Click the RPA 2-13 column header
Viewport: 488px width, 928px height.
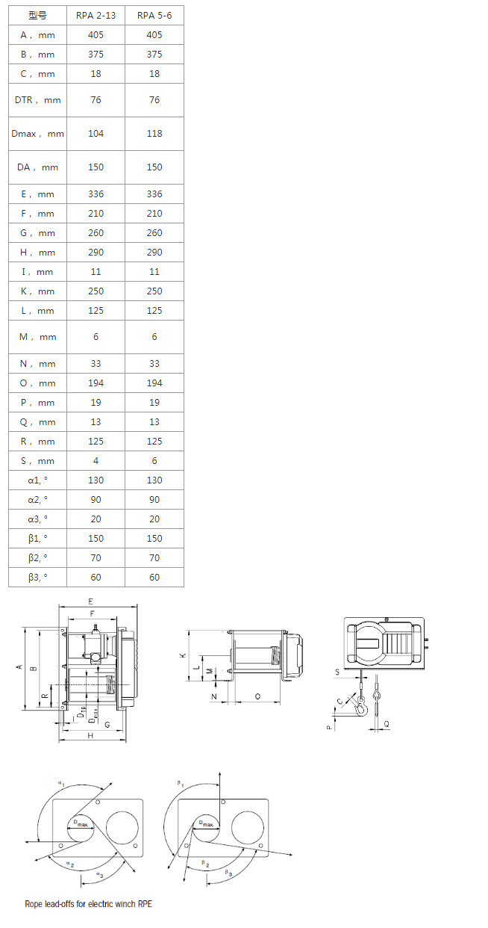(x=96, y=16)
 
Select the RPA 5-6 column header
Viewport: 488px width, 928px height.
(x=154, y=16)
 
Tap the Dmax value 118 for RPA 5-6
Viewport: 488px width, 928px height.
(x=154, y=134)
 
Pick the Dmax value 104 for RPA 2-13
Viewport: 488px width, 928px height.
(x=96, y=134)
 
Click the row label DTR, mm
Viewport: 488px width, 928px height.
(x=37, y=100)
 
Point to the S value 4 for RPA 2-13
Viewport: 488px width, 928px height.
(x=96, y=461)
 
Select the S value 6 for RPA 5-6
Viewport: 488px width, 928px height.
(x=154, y=461)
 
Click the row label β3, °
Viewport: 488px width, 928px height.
(x=37, y=578)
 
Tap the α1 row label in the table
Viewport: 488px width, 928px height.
(x=37, y=480)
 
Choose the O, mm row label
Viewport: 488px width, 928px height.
(x=37, y=383)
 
